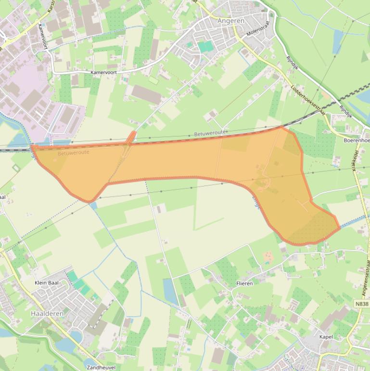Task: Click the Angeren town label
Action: coord(231,21)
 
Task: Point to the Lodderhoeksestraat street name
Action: coord(308,100)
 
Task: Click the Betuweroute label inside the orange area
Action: coord(73,153)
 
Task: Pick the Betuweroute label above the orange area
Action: coord(210,132)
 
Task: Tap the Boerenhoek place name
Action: coord(357,140)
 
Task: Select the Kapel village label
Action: coord(326,337)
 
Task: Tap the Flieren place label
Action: coord(244,283)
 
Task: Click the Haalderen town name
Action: coord(47,313)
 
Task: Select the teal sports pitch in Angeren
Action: coord(205,47)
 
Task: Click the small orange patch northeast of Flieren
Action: coord(268,257)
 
